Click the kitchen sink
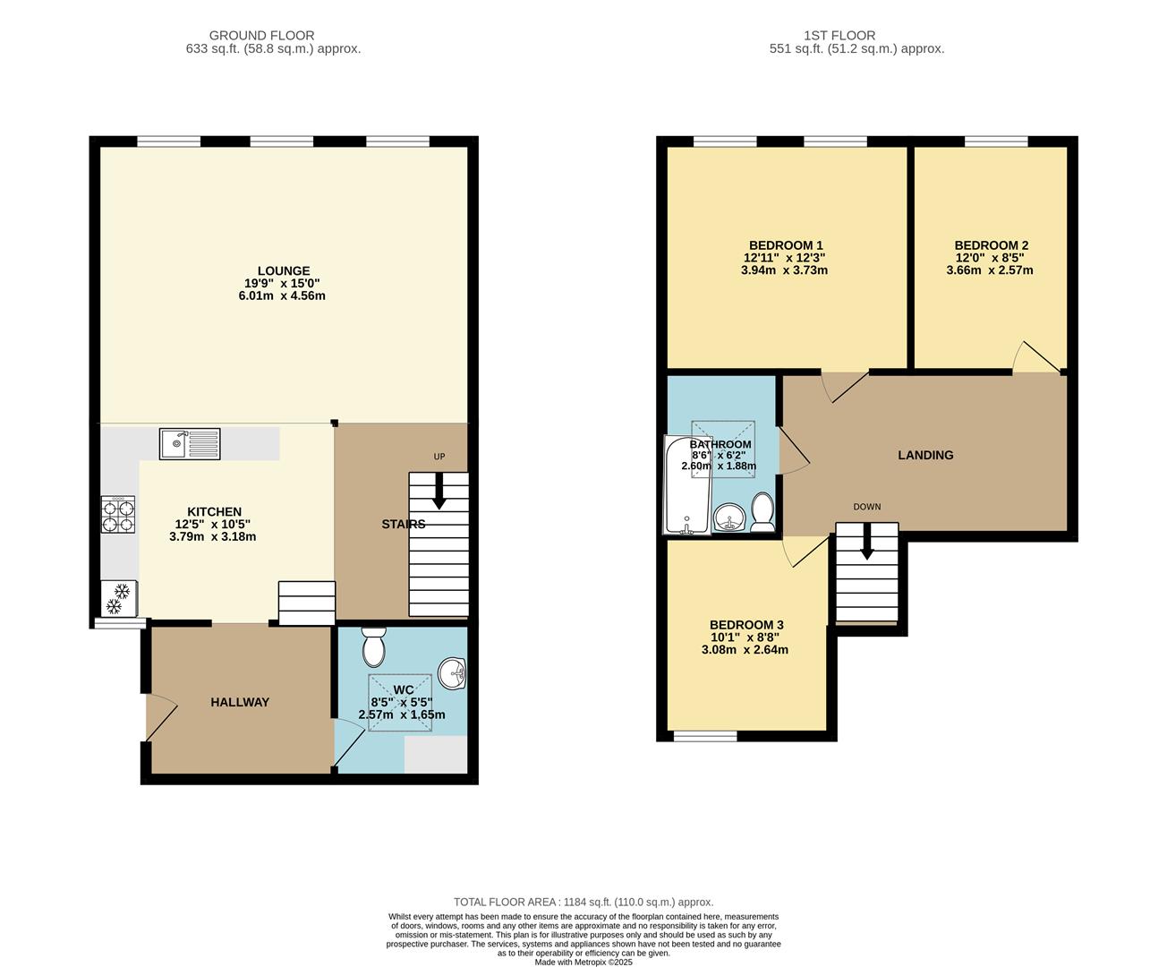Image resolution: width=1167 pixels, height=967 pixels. point(190,443)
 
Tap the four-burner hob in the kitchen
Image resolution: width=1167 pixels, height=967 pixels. point(118,515)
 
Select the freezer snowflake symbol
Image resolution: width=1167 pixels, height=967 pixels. point(118,599)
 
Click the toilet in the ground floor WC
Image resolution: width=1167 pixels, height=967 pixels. point(373,645)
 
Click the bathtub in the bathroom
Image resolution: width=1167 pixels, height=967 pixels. point(686,484)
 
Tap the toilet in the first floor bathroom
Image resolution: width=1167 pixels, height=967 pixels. point(762,512)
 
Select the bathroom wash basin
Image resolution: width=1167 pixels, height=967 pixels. point(730,517)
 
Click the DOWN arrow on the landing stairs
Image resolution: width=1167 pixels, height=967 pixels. point(866,543)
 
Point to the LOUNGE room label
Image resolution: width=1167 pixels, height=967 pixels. point(284,270)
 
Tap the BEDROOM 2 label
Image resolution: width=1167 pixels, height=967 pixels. point(991,245)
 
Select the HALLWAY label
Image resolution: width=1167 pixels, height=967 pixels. point(240,702)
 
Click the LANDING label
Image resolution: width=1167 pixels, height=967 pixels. point(925,455)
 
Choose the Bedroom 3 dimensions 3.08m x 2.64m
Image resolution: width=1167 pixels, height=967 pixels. point(745,650)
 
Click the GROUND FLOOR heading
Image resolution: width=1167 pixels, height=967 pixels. point(261,36)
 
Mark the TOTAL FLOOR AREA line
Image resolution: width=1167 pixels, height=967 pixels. point(583,903)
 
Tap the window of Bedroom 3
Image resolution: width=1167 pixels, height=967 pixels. point(705,736)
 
